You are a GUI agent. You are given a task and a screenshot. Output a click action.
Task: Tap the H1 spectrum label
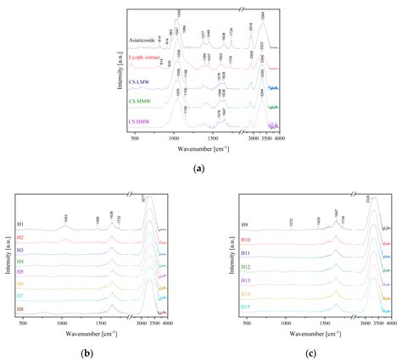(x=19, y=224)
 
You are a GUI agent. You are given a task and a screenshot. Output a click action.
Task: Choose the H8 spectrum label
(x=19, y=311)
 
